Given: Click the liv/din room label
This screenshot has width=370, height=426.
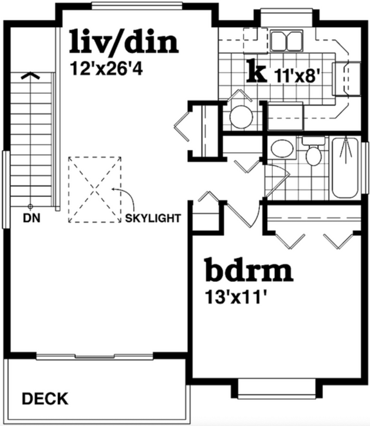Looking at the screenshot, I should coord(124,42).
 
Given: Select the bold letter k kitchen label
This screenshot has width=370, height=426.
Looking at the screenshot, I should coord(257,72).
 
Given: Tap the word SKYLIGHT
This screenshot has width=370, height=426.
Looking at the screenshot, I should coord(153,217).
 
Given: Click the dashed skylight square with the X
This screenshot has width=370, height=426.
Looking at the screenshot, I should coord(95,189).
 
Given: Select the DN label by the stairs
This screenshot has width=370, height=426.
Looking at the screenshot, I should coord(31,217).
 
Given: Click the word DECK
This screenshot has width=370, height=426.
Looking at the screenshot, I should coord(45,399).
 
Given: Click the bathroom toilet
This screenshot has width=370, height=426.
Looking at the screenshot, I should coord(313,154).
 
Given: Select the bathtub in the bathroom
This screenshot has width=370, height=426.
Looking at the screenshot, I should coord(346,167).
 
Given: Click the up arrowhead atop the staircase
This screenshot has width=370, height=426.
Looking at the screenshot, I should coord(27,75).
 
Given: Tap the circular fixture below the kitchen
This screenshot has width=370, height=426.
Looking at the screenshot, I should coord(241,117).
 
